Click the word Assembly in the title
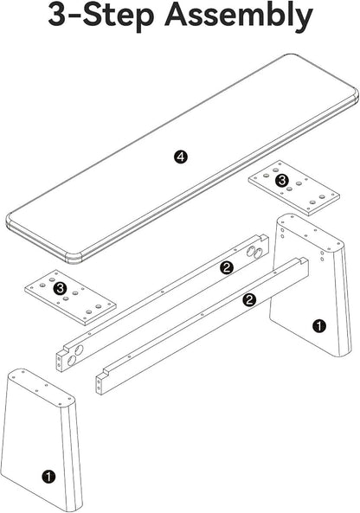239,16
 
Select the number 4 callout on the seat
180,157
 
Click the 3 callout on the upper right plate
282,180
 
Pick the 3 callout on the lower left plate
61,288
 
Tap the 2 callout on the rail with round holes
227,267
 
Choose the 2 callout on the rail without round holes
249,299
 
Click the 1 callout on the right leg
319,326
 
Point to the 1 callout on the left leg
48,476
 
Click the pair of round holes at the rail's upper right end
254,252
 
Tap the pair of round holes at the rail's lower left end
74,356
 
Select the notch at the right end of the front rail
304,260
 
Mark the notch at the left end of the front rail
106,372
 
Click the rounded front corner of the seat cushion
74,258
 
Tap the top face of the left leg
41,387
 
